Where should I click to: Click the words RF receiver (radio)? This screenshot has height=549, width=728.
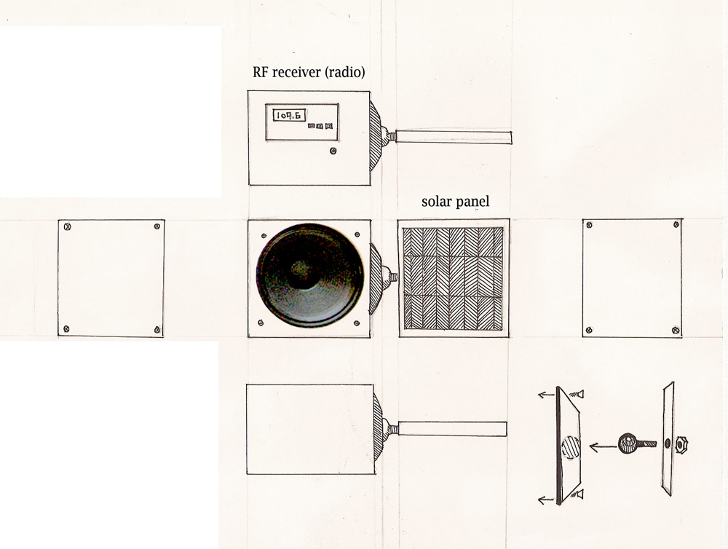tap(309, 73)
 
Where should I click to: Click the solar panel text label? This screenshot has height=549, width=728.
tap(456, 202)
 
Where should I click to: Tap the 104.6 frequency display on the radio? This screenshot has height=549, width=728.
tap(289, 115)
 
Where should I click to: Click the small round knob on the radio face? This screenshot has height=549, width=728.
tap(333, 151)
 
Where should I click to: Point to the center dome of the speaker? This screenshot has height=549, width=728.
tap(302, 269)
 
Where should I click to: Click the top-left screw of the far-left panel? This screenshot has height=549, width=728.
tap(68, 227)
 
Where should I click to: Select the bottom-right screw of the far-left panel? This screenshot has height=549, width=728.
tap(157, 330)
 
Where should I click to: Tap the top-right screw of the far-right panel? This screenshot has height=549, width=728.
tap(676, 225)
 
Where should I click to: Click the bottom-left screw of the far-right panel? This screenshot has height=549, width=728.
tap(589, 331)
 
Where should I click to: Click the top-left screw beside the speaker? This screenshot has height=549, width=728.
tap(264, 235)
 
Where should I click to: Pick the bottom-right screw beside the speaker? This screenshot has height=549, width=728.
tap(357, 323)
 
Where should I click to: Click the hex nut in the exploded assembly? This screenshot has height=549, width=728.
tap(681, 445)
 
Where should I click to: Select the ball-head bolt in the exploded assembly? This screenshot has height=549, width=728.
tap(637, 443)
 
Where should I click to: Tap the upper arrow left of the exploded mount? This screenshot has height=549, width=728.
tap(547, 395)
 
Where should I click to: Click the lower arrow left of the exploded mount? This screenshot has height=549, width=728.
tap(547, 500)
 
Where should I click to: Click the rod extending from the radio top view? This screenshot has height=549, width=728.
tap(454, 138)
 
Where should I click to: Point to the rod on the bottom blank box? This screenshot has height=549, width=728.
tap(452, 429)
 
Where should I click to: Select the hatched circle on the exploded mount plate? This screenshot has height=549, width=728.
tap(571, 448)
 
